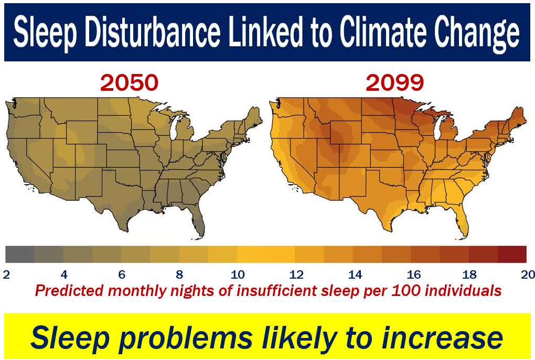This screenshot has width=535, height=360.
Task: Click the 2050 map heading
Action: pos(130,82)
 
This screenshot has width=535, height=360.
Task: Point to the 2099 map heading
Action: pos(395,82)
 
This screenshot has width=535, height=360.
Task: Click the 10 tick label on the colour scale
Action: pos(238,274)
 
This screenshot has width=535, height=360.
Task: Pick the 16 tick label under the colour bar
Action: pos(413,274)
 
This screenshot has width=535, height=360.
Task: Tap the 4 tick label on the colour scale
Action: pos(64,274)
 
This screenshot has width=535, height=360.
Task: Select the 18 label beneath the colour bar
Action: pos(469,274)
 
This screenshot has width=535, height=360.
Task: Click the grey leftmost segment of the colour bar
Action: pos(20,254)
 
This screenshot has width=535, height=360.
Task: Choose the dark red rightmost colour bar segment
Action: pos(512,254)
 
